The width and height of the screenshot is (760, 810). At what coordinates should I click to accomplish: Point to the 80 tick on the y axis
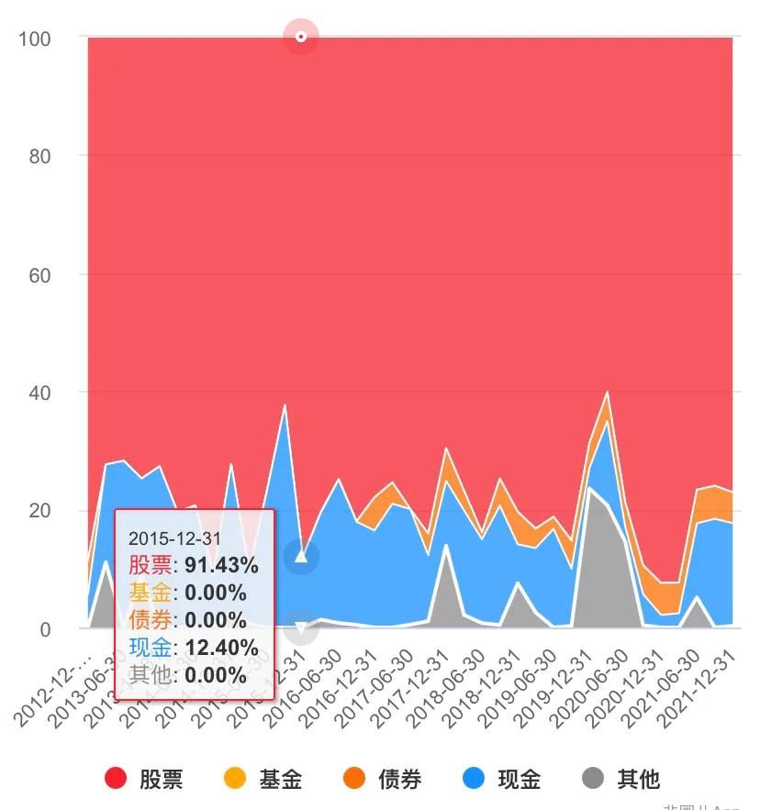(x=39, y=156)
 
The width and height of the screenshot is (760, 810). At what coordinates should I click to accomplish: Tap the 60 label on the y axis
(x=39, y=274)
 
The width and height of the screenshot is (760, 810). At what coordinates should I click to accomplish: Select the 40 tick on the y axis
(x=39, y=393)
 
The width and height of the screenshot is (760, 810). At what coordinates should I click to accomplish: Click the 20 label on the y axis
(x=39, y=511)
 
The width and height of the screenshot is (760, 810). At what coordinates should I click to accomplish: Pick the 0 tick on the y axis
(x=44, y=629)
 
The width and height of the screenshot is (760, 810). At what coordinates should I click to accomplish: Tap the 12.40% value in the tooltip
(x=219, y=648)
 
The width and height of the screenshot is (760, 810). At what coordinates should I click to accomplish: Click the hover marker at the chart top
(x=300, y=37)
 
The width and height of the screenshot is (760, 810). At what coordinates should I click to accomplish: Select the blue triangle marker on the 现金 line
(x=300, y=557)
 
